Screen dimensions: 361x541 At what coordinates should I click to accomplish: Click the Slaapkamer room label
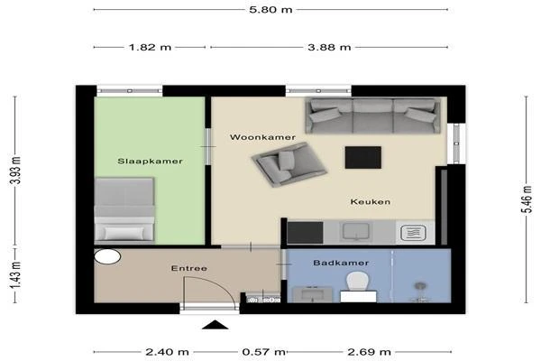(151, 161)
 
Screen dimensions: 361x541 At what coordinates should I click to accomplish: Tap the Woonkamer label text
(262, 137)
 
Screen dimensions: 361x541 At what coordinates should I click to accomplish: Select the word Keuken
(371, 202)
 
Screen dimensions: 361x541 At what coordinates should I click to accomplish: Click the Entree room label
(189, 268)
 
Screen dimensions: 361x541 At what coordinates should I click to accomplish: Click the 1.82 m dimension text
(151, 48)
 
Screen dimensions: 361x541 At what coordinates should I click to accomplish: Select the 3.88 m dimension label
(330, 48)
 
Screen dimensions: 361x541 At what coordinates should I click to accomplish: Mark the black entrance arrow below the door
(215, 326)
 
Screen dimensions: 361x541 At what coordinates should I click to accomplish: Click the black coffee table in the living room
(363, 157)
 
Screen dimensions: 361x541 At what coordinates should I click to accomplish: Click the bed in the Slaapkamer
(124, 209)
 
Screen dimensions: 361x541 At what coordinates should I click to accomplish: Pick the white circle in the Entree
(107, 256)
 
